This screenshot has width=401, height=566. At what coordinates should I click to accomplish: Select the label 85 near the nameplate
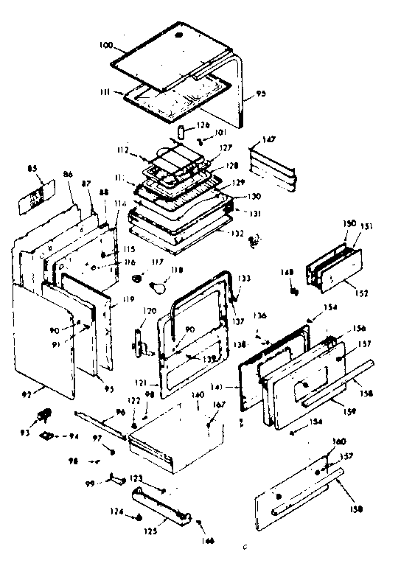pyautogui.click(x=32, y=168)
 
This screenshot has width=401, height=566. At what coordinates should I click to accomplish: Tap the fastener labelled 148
pyautogui.click(x=295, y=293)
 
